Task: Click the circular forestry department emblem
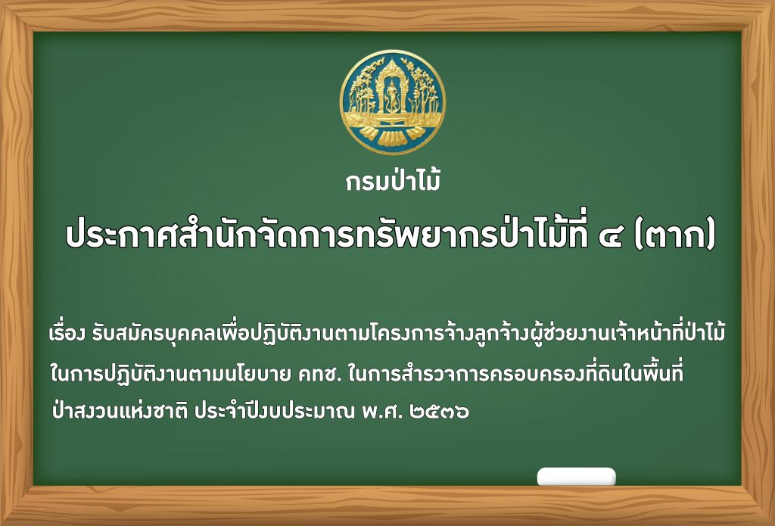pyautogui.click(x=393, y=102)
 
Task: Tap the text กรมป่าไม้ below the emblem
pyautogui.click(x=393, y=180)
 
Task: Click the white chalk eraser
pyautogui.click(x=576, y=477)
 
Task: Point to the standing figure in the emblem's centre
pyautogui.click(x=393, y=92)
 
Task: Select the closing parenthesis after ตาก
pyautogui.click(x=710, y=238)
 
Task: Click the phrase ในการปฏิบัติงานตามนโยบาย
pyautogui.click(x=171, y=374)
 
